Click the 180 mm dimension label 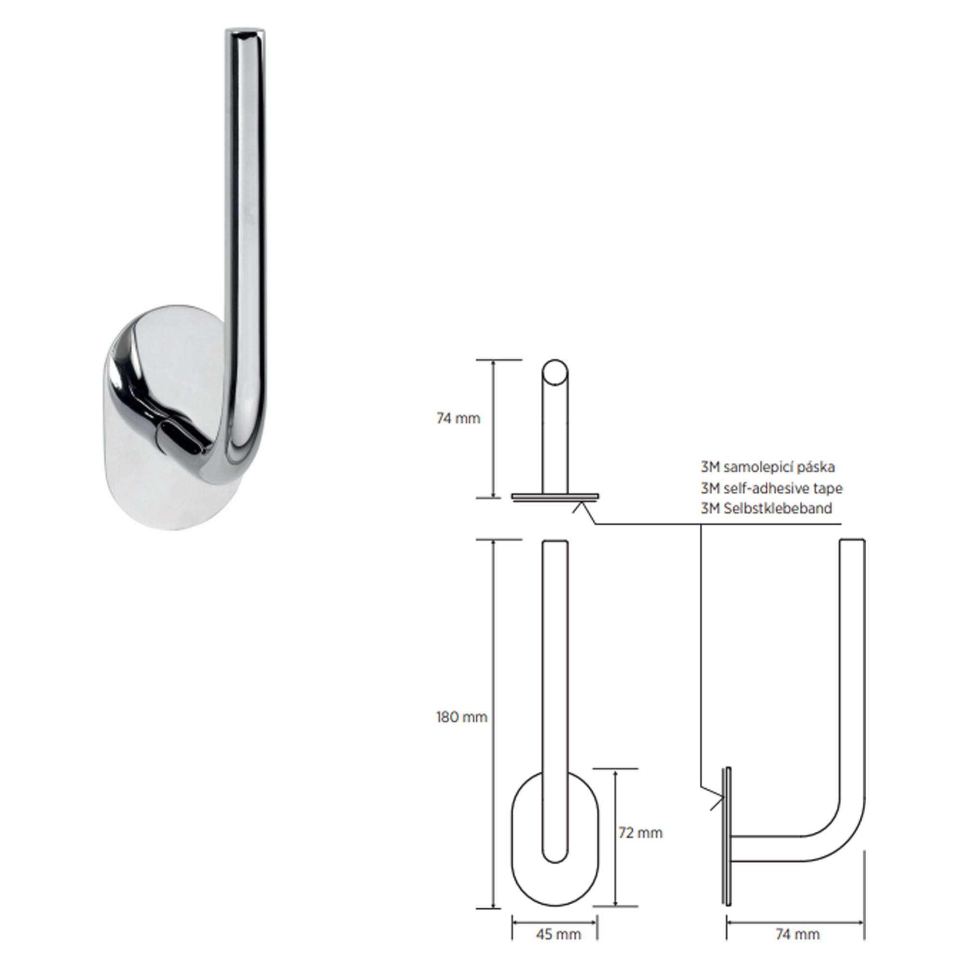[461, 717]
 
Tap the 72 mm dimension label [640, 833]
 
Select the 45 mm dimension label [558, 934]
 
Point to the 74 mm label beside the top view [458, 418]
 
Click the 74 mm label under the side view [797, 934]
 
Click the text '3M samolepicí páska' [767, 467]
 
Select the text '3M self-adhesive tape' [771, 488]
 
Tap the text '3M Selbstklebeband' [767, 509]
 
